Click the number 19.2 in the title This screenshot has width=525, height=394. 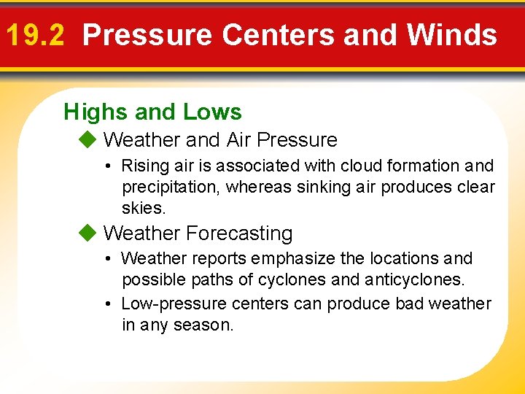[36, 35]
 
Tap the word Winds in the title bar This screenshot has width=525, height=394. [451, 35]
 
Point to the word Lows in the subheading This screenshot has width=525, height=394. [212, 112]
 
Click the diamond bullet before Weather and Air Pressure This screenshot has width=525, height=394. [88, 139]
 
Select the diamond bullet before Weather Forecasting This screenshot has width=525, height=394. [88, 233]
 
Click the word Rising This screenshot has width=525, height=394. [145, 166]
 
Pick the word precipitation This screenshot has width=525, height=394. [171, 188]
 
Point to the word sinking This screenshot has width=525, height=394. [304, 188]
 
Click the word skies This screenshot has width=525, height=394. [144, 209]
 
